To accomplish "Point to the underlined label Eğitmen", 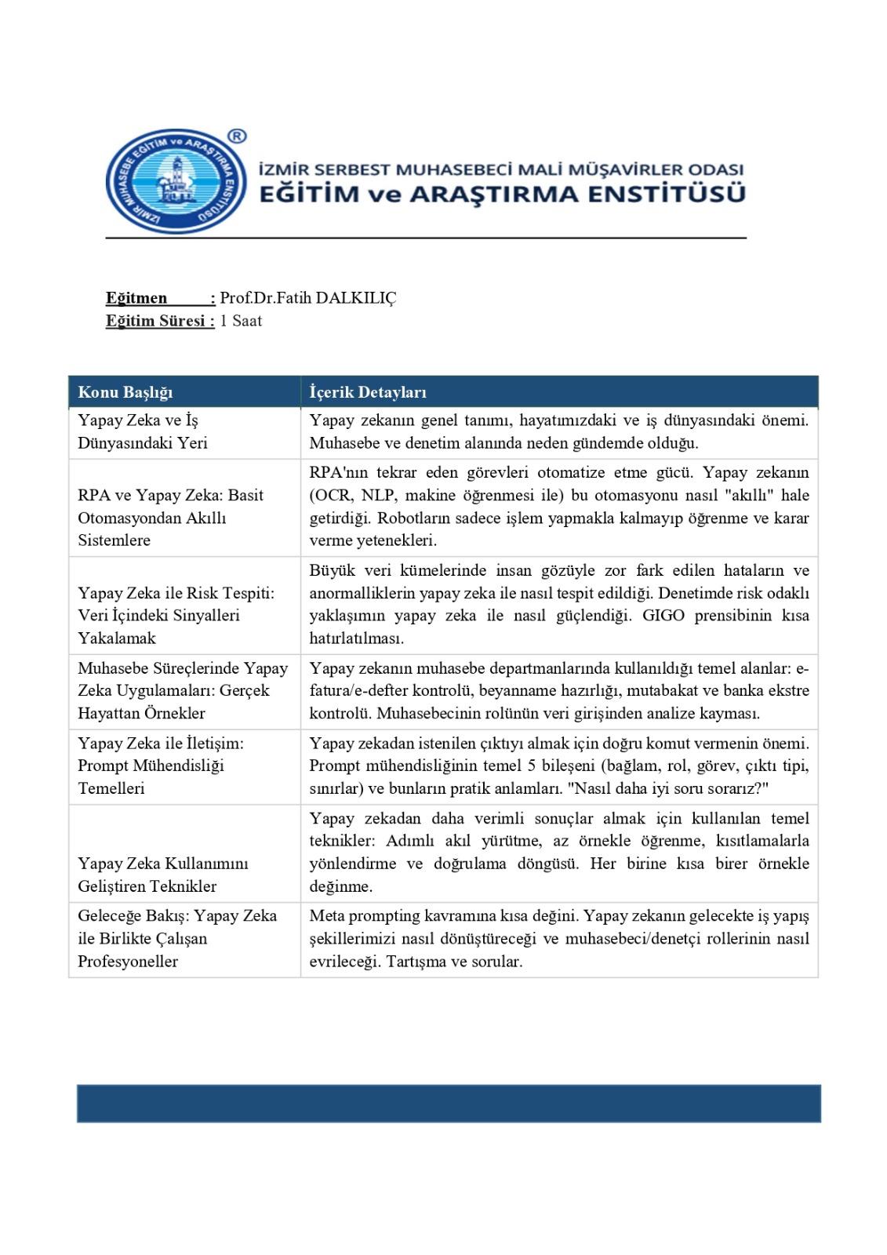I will [x=136, y=298].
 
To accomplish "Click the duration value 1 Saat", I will [x=241, y=321].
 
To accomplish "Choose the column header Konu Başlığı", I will [x=125, y=392].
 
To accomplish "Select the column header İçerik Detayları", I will [x=368, y=392].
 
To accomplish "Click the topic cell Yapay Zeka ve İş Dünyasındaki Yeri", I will [x=143, y=431].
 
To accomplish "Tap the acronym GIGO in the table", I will [x=663, y=616].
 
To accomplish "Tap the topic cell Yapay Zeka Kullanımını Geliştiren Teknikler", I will [x=162, y=875].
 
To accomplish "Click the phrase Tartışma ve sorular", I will [x=454, y=962].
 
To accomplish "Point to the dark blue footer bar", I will [x=449, y=1104].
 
